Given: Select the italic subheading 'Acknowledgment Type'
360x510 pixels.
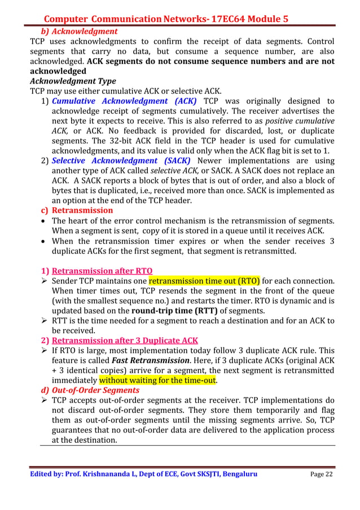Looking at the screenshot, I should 73,81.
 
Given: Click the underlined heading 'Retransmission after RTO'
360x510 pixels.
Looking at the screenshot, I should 102,270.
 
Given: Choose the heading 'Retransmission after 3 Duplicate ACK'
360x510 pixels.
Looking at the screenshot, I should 125,340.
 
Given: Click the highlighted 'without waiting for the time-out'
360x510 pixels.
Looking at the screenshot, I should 158,380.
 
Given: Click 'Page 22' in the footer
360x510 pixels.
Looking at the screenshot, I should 321,474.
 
